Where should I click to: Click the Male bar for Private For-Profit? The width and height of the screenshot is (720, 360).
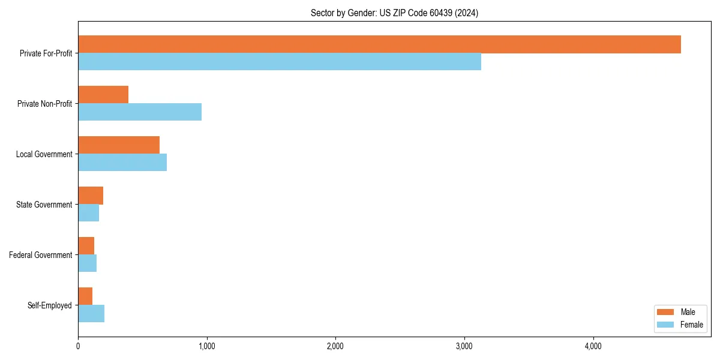[379, 44]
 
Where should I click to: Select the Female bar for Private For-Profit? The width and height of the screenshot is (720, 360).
[280, 62]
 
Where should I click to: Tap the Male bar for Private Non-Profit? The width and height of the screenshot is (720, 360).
[103, 95]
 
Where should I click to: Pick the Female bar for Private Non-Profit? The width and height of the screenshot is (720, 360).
[140, 112]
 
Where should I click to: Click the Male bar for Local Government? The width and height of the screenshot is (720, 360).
[119, 145]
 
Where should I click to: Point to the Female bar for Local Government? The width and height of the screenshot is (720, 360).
[122, 163]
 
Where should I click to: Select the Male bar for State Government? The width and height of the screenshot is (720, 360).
[91, 196]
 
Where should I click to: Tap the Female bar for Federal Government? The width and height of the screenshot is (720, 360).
[88, 263]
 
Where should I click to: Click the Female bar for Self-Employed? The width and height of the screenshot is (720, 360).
[91, 314]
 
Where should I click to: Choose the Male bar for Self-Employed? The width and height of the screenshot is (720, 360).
[85, 296]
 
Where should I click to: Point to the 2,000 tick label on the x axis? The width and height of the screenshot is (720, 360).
[335, 346]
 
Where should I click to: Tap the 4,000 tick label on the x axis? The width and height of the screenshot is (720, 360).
[593, 346]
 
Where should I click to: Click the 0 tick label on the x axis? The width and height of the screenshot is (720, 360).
[78, 346]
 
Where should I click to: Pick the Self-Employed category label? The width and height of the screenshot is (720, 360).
[50, 305]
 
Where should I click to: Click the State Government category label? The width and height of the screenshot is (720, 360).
[44, 205]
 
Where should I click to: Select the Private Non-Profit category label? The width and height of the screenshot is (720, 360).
[44, 104]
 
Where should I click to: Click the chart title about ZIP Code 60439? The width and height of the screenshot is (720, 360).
[394, 13]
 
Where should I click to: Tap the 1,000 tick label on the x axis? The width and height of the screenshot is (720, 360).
[206, 346]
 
